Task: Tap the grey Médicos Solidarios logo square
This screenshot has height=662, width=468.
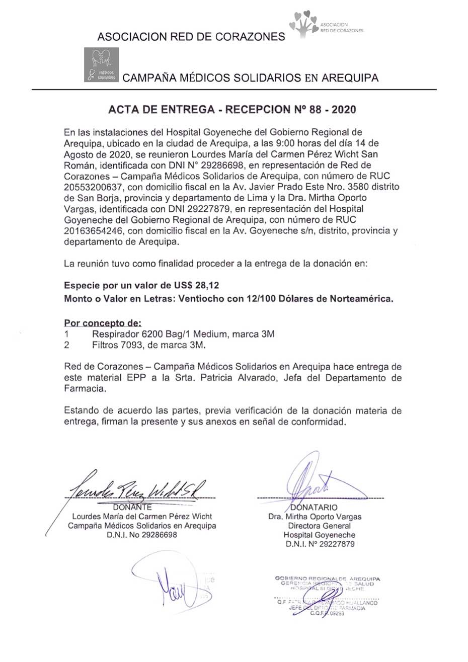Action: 101,64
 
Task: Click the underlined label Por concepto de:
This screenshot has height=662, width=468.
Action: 103,323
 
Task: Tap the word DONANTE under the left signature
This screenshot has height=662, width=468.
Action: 132,507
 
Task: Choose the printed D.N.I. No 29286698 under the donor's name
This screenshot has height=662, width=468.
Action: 142,535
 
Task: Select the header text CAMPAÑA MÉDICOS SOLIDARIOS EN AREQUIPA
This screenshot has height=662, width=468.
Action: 251,77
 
